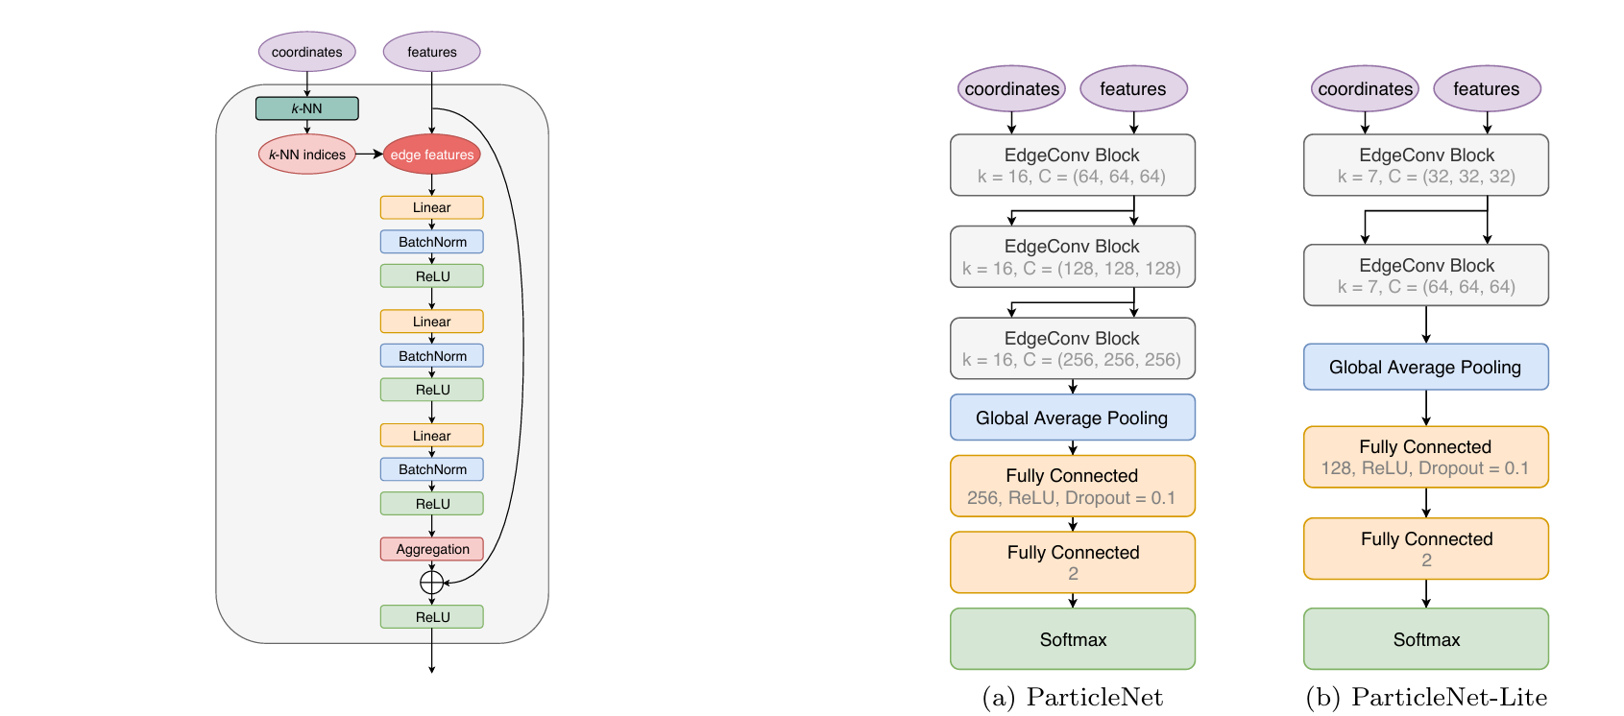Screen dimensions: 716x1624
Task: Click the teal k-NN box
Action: (x=307, y=108)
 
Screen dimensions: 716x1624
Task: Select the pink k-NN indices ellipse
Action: (x=307, y=155)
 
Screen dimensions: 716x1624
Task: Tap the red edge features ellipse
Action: (x=431, y=155)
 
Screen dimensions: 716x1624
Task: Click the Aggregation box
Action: (x=432, y=549)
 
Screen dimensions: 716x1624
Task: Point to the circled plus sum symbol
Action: (x=432, y=583)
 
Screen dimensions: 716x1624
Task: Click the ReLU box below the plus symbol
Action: (x=432, y=617)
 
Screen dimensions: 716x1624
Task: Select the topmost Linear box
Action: (x=432, y=207)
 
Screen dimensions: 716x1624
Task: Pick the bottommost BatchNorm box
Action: (x=432, y=469)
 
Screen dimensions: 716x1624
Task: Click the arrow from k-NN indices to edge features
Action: (x=370, y=154)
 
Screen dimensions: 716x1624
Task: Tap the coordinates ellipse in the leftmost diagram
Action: (x=307, y=52)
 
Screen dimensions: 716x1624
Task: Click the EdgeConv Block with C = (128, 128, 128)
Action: (x=1072, y=257)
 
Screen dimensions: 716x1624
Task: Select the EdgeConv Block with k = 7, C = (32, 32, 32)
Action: (x=1426, y=165)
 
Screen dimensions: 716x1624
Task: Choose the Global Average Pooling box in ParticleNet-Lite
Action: (x=1426, y=367)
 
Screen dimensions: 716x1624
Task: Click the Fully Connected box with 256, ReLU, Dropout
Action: (x=1072, y=486)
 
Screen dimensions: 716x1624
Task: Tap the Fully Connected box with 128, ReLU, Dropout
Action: (x=1426, y=457)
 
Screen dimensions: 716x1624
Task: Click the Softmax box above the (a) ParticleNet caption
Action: (x=1072, y=639)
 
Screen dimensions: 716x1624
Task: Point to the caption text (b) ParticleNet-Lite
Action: (x=1426, y=698)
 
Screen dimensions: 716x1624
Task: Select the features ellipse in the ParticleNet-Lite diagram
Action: (x=1487, y=89)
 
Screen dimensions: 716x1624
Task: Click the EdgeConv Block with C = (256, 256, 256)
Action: (x=1072, y=348)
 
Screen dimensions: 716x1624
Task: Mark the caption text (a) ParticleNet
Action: (x=1072, y=698)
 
